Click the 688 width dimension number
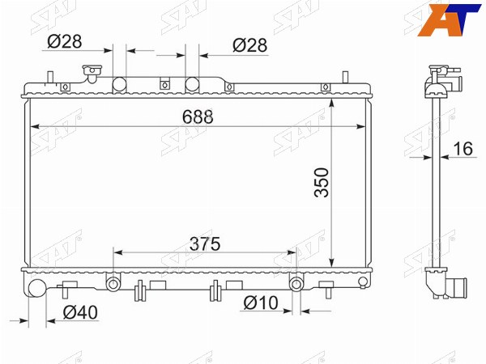(198, 116)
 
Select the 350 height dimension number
(321, 182)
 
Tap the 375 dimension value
(205, 243)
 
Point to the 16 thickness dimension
(463, 148)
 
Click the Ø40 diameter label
(80, 312)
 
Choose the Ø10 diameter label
(261, 303)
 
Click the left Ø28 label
(65, 41)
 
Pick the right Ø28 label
(249, 45)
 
